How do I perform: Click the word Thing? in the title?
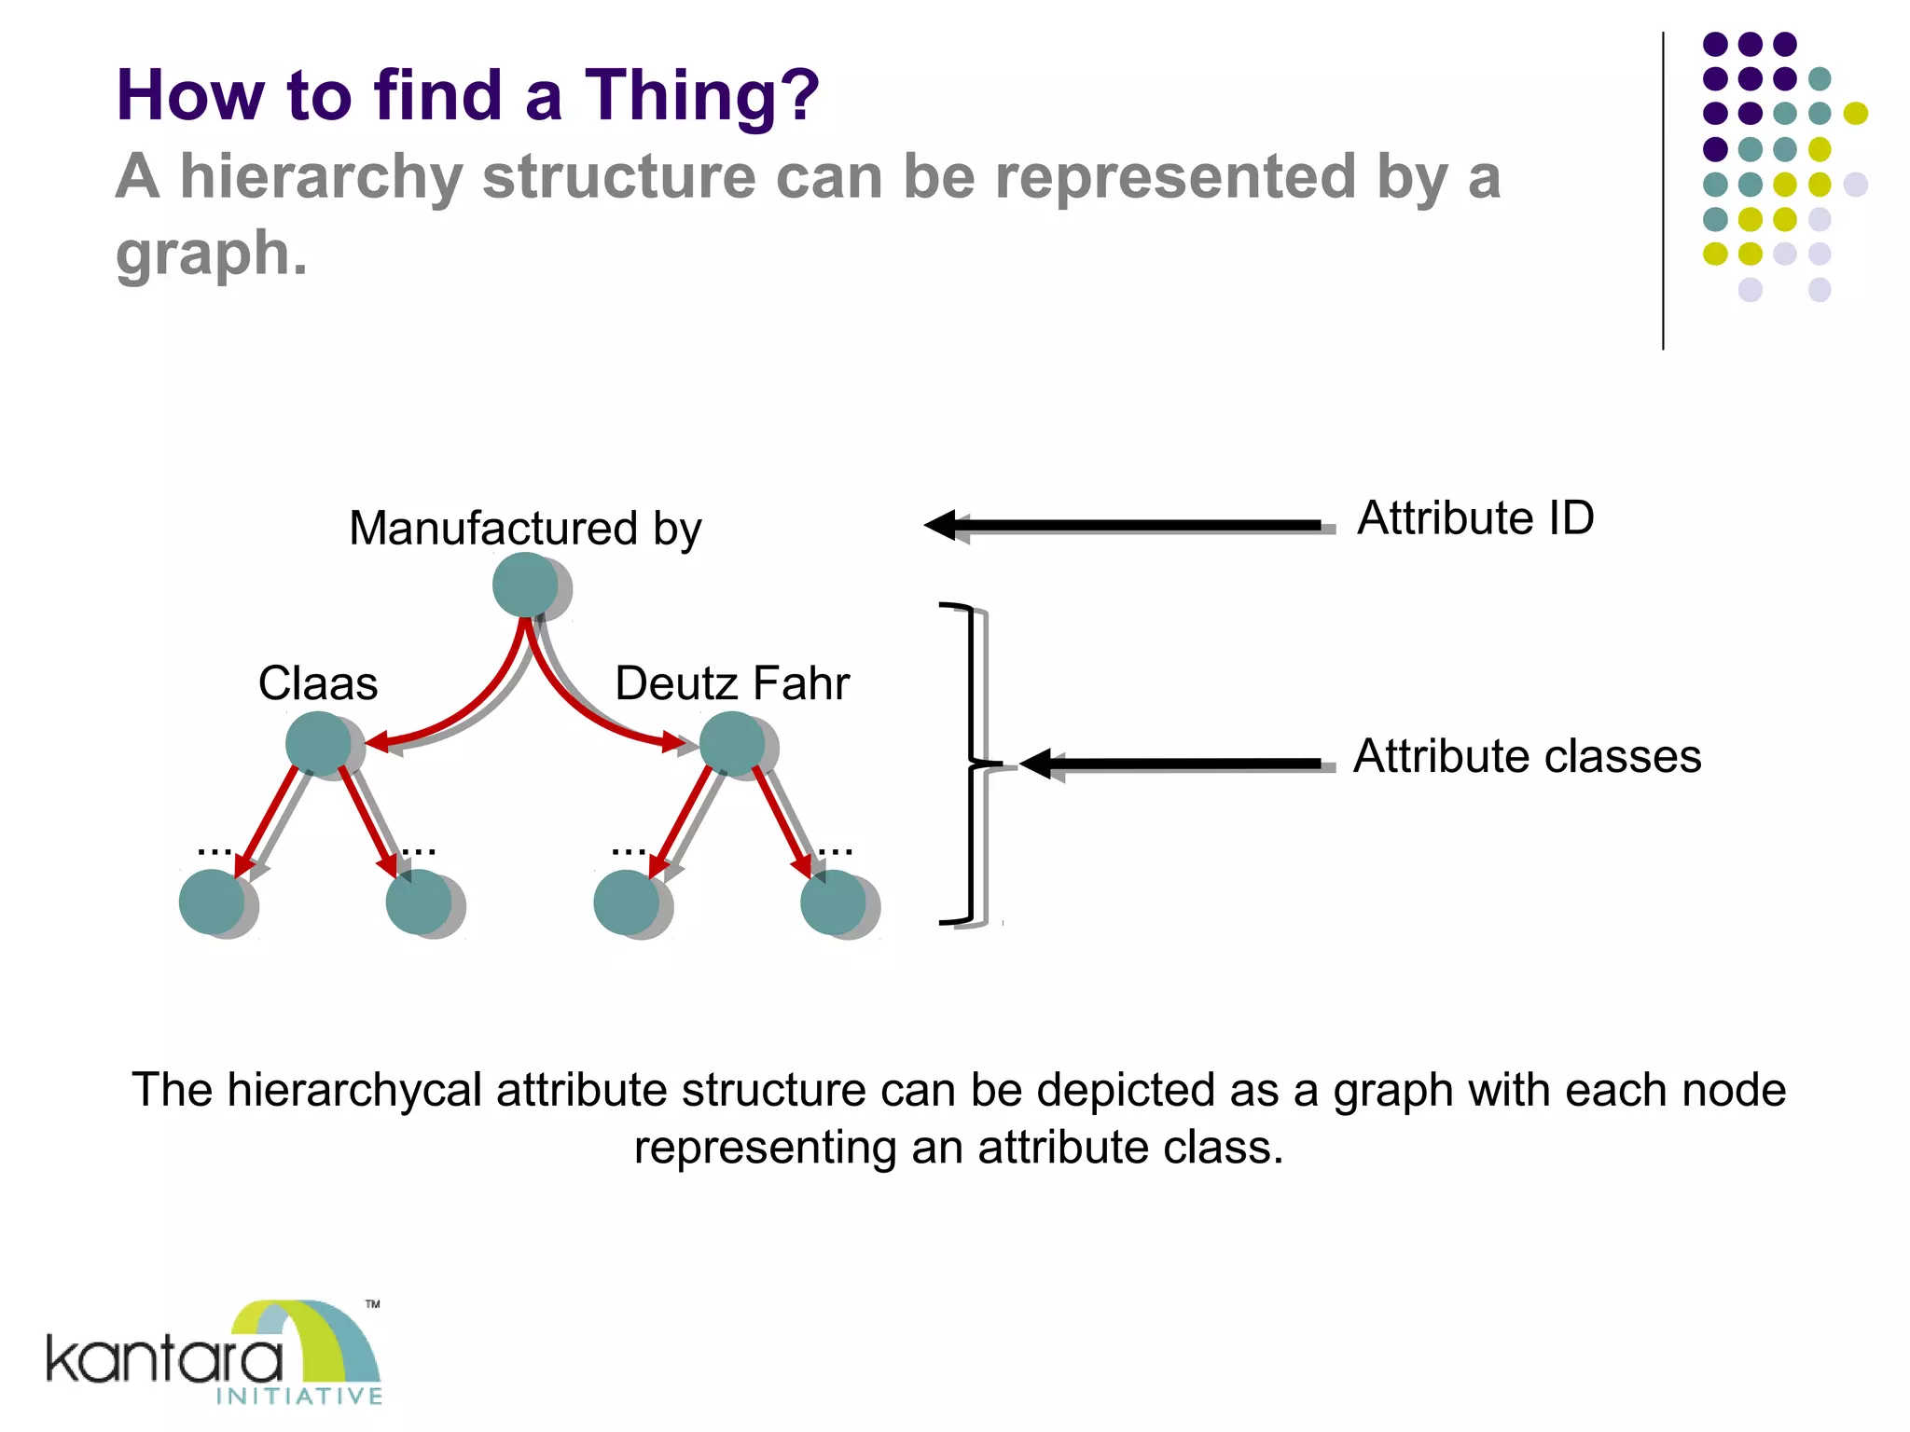pos(701,96)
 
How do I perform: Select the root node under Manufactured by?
pos(526,585)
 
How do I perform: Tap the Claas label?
pos(318,683)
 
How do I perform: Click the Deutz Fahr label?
pos(732,683)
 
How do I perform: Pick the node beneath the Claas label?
pos(319,743)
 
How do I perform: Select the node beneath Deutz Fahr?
pos(732,743)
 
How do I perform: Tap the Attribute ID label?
pos(1475,518)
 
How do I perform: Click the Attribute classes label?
pos(1527,756)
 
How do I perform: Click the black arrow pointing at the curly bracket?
pos(1175,764)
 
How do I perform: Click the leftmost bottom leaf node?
pos(212,902)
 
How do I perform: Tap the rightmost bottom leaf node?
pos(833,902)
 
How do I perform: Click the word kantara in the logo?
pos(164,1359)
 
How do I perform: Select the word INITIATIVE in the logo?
pos(299,1396)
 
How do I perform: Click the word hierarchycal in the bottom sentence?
pos(354,1090)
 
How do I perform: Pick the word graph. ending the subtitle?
pos(211,254)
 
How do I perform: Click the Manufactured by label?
pos(525,529)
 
